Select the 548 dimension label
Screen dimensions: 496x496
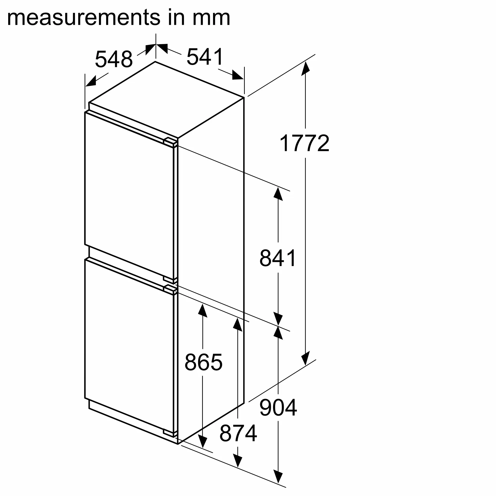(x=114, y=59)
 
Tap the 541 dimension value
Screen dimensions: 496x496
(x=205, y=57)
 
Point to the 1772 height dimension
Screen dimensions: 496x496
(x=305, y=143)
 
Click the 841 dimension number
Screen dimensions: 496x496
(x=278, y=258)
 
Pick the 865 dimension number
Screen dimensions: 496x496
(x=203, y=362)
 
